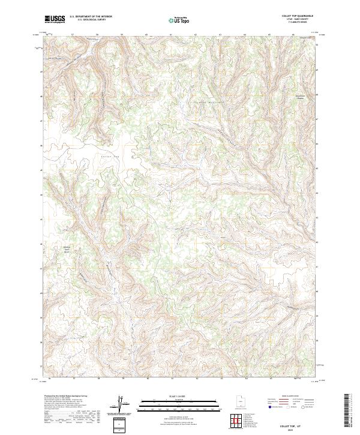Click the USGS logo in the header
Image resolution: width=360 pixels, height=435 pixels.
(x=55, y=20)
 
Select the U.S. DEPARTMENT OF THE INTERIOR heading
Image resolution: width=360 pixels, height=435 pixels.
(x=91, y=17)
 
